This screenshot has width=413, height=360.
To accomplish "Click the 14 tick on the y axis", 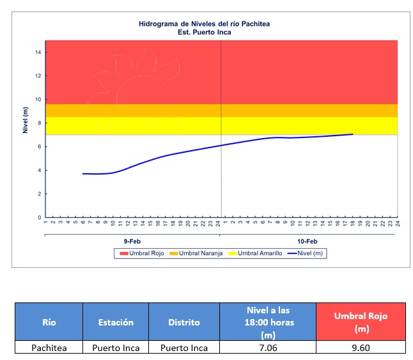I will click(x=38, y=52).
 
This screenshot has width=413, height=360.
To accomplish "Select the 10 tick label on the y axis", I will click(x=38, y=100).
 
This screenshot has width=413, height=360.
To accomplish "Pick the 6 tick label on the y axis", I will click(x=39, y=147).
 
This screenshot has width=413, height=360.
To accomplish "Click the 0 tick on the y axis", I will click(x=39, y=217).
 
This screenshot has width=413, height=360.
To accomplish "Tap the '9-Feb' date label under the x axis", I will click(x=132, y=241).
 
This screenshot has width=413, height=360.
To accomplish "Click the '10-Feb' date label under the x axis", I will click(x=308, y=241).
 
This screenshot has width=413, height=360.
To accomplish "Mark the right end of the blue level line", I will click(x=352, y=134).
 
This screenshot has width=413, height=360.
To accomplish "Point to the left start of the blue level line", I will click(x=83, y=173).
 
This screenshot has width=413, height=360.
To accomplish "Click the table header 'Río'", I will click(x=49, y=322).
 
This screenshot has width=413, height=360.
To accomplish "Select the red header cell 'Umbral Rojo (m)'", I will click(x=361, y=322).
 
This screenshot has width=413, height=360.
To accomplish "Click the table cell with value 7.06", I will click(x=268, y=348).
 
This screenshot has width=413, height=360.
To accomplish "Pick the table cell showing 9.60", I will click(x=361, y=348).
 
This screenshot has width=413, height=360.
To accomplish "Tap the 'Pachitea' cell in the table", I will click(x=49, y=348).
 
